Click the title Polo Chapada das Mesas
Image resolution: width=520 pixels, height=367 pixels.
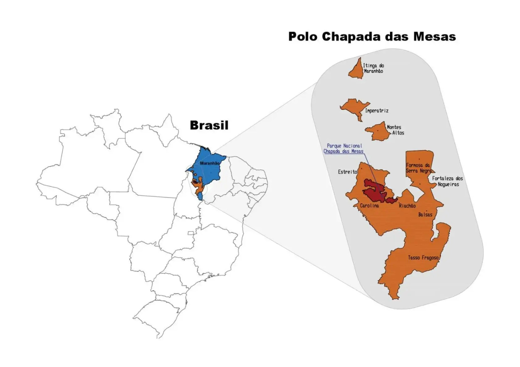coord(372,36)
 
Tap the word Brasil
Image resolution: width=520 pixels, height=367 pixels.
coord(209,125)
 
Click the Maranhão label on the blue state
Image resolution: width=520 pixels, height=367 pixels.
coord(210,163)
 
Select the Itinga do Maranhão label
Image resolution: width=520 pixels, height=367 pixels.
coord(373,68)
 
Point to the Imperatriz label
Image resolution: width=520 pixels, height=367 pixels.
coord(376,111)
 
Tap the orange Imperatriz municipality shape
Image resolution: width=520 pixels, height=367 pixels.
coord(353,107)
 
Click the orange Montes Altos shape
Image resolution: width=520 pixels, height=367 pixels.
coord(378,132)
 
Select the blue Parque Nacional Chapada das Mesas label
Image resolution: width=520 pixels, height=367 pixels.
coord(344,148)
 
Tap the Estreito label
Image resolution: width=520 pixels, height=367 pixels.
coord(347,172)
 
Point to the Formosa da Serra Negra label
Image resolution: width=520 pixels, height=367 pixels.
coord(418,168)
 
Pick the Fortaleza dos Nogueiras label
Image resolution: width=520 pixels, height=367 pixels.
coord(448,181)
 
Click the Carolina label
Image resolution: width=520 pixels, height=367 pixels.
coord(369,206)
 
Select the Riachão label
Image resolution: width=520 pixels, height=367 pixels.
coord(407,206)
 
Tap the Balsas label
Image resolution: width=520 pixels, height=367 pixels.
coord(425,214)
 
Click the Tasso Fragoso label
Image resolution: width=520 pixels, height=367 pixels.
coord(423,258)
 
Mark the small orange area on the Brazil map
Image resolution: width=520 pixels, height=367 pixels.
coord(200,187)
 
